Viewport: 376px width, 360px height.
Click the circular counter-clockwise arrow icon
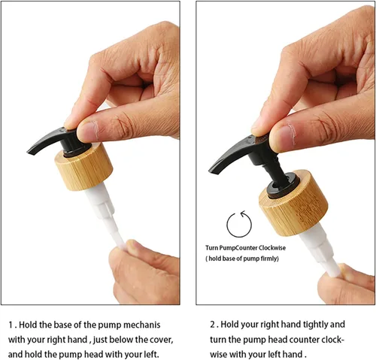tap(239, 224)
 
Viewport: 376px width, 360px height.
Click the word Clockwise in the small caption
tap(272, 248)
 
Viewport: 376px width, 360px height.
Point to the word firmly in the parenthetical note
tap(270, 259)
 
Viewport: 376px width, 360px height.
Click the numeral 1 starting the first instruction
tap(11, 325)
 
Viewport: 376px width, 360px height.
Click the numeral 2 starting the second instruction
tap(213, 325)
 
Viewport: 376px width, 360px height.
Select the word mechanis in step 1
tap(142, 325)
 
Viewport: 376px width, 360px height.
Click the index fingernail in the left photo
tap(88, 131)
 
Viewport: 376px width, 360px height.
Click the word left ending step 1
tap(151, 355)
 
